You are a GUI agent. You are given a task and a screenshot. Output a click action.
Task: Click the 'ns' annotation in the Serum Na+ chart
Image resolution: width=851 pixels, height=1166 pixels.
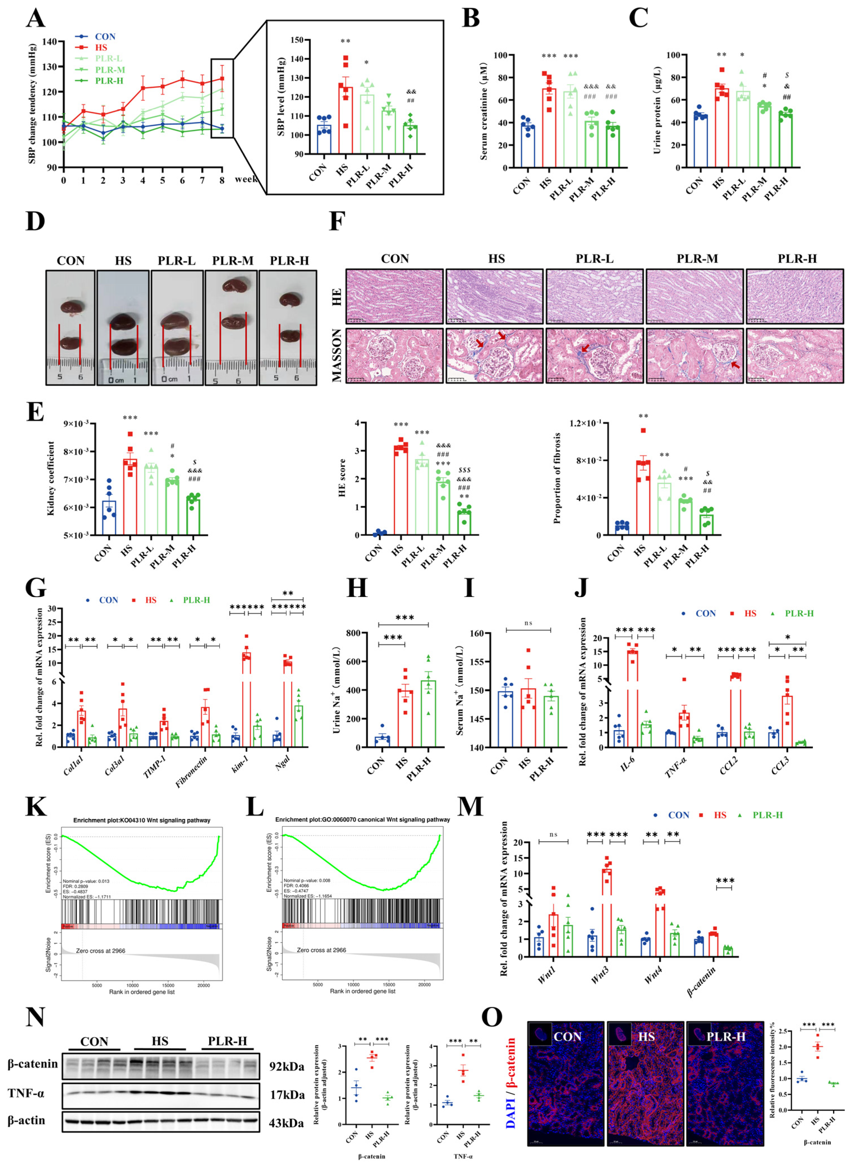[528, 623]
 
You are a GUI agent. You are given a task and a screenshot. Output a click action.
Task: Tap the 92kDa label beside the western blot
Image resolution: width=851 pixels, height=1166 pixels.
[287, 1066]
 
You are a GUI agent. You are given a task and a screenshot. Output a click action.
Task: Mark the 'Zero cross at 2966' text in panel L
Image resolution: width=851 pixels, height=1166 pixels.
[321, 950]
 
